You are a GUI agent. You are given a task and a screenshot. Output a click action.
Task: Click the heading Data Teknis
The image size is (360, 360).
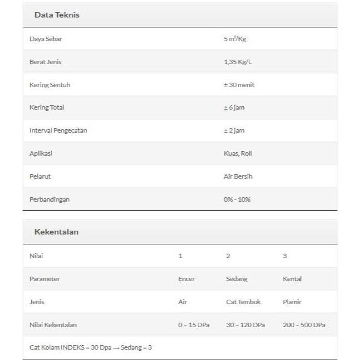coord(56,15)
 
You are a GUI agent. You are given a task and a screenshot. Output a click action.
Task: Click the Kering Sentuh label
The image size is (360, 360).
coord(49,85)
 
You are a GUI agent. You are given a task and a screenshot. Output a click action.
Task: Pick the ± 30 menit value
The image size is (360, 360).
coord(239,85)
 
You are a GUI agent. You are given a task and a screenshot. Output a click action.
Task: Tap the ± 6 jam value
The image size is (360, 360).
coord(234,107)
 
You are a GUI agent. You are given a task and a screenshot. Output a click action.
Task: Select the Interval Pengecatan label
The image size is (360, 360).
coord(58,130)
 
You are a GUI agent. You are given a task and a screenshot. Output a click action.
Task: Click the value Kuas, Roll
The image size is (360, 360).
coord(238,153)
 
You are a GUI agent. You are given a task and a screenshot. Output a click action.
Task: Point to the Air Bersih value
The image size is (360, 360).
coord(238,176)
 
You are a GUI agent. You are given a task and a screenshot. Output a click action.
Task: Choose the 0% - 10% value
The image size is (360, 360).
coord(237,199)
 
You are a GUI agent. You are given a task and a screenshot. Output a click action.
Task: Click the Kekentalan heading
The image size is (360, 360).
coord(56,232)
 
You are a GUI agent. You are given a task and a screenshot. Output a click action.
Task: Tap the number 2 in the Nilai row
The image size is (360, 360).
coord(228,256)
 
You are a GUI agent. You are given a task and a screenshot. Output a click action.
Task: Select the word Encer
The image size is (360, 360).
coord(186,279)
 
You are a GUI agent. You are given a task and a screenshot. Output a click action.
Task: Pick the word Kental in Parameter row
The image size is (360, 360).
coord(292,279)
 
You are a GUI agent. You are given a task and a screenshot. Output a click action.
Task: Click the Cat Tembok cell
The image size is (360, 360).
coord(243,302)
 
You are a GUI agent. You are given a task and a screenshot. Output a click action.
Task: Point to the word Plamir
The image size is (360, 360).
coord(292,302)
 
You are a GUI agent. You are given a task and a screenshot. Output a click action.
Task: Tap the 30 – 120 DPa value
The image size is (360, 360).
coord(245,325)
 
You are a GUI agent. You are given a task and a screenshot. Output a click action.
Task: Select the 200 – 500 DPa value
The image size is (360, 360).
coord(304,325)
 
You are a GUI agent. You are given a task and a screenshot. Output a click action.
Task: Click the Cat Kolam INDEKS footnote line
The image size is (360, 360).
coord(90,347)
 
